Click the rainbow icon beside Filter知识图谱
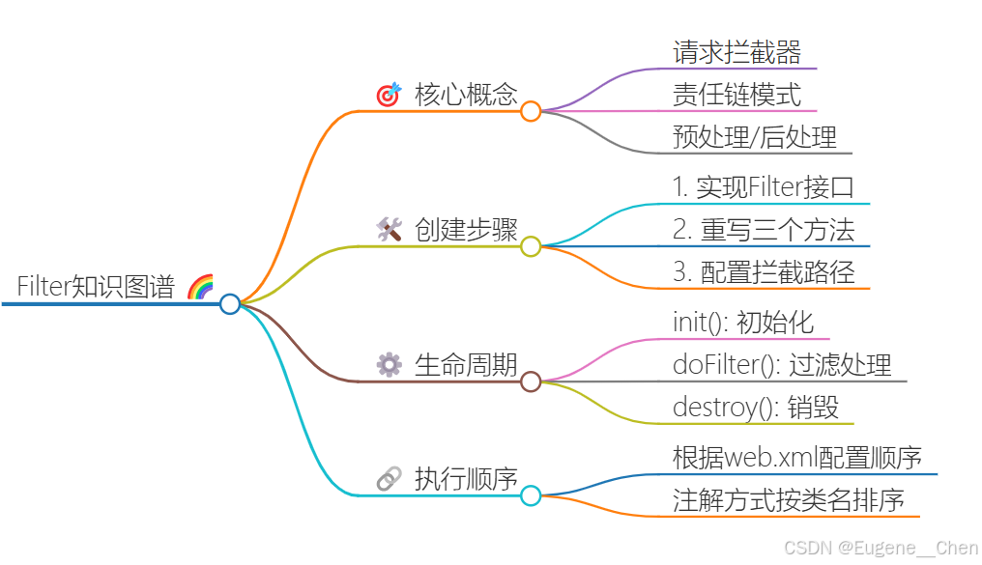tap(200, 287)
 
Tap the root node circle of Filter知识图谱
tap(230, 304)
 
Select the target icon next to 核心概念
tap(389, 95)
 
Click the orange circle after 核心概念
tap(531, 112)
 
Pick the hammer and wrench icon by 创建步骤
tap(389, 229)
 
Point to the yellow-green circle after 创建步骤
tap(531, 246)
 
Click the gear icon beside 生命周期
tap(389, 364)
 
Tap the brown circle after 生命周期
tap(531, 381)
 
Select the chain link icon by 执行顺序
tap(389, 478)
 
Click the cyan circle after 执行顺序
tap(531, 495)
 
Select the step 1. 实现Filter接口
tap(764, 187)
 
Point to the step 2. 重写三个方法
tap(764, 230)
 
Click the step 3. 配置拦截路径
tap(764, 272)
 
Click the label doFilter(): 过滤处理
tap(782, 365)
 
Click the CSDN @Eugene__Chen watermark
tap(881, 549)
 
